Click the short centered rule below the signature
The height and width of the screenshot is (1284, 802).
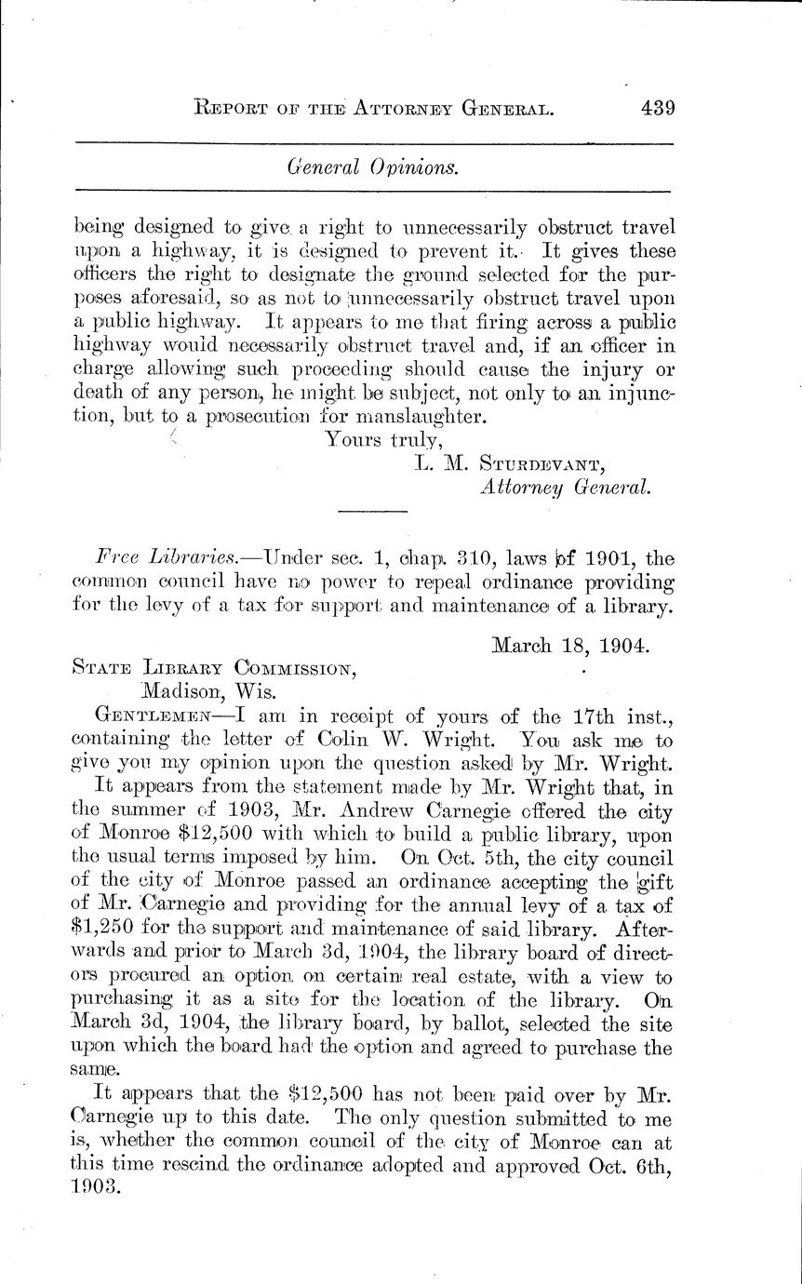click(372, 511)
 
